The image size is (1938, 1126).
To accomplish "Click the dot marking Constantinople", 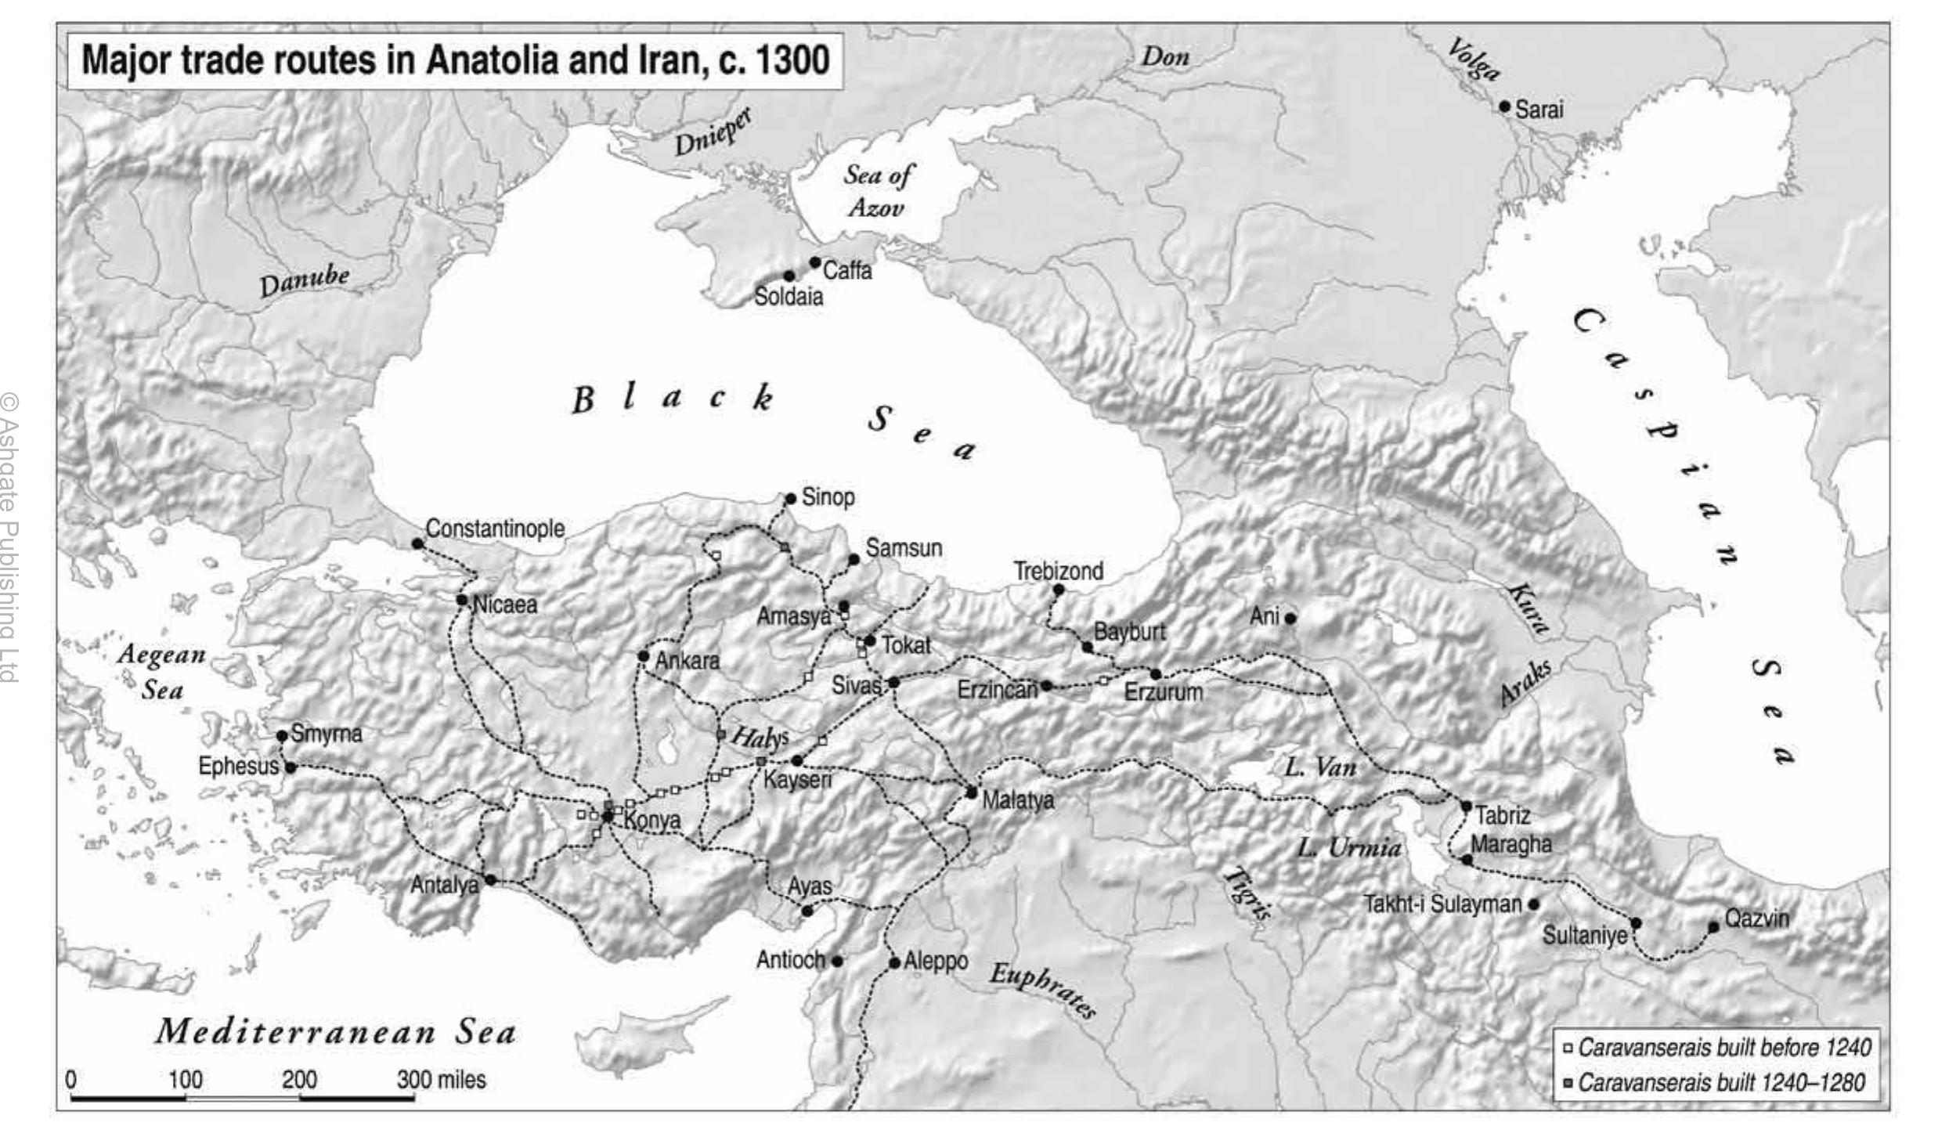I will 417,543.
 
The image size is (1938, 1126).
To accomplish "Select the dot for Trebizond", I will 1058,590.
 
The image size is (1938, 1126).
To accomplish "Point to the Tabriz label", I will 1502,815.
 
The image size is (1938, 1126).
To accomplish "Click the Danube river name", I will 305,280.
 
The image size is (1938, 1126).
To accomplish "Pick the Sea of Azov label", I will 877,190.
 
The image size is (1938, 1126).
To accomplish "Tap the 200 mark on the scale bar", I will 299,1080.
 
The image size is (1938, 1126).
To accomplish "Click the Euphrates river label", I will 1042,989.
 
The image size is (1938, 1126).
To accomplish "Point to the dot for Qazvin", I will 1712,927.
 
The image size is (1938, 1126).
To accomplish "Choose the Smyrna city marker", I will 282,736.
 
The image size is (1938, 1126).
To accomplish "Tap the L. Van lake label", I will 1320,767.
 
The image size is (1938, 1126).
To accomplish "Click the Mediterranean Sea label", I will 335,1032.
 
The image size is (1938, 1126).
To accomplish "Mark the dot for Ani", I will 1290,618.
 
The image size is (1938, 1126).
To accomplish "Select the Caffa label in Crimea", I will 846,271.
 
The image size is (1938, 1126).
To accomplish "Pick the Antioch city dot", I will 836,961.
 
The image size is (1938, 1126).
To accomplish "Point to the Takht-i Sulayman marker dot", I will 1533,904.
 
